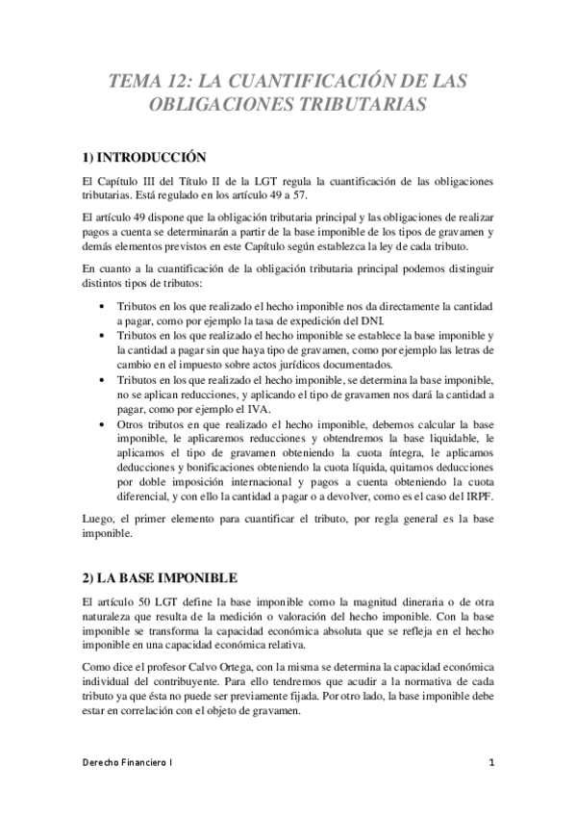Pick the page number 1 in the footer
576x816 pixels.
tap(490, 764)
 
